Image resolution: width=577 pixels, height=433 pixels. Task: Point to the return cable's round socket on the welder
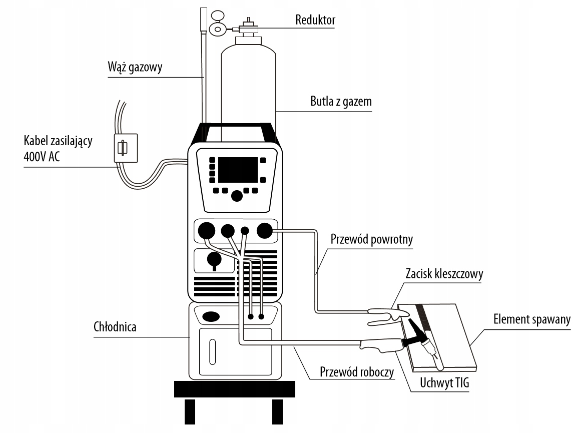point(264,231)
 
